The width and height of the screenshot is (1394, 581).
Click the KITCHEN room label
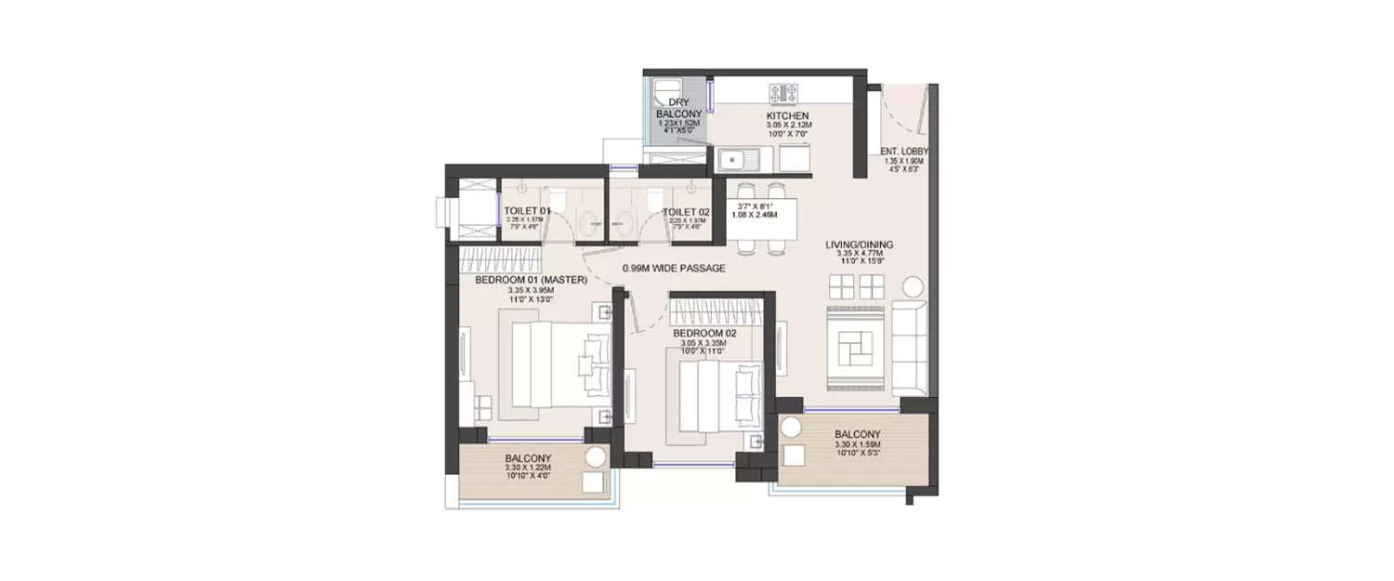(x=789, y=115)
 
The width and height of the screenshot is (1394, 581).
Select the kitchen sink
(x=741, y=162)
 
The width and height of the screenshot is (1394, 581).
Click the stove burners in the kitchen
(x=783, y=92)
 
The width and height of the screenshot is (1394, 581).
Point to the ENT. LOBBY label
(x=904, y=151)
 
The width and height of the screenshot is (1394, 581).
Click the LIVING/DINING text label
(x=860, y=245)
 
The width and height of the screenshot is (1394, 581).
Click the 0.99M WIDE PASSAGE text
(x=674, y=269)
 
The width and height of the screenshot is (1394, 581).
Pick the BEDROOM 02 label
(x=704, y=333)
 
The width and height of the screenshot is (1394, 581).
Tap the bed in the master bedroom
(x=548, y=365)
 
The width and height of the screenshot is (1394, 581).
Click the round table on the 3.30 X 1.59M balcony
(x=790, y=429)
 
